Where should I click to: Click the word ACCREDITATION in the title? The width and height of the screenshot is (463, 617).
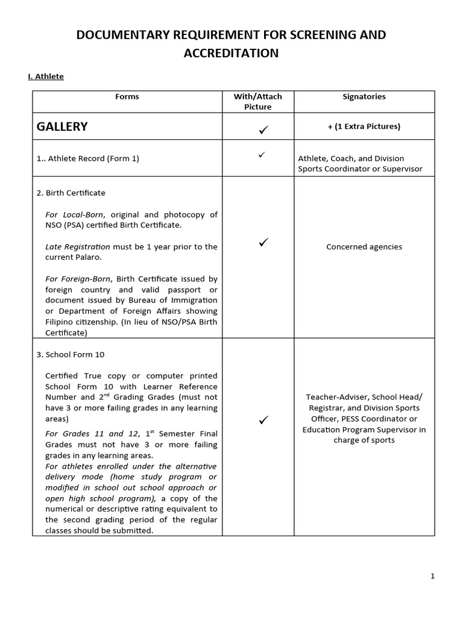[x=231, y=54]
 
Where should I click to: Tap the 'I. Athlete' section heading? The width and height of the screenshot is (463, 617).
[x=46, y=77]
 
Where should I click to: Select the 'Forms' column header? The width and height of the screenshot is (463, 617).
[x=127, y=96]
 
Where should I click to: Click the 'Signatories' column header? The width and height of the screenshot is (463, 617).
[x=364, y=96]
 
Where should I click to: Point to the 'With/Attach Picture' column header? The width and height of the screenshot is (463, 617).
[x=258, y=101]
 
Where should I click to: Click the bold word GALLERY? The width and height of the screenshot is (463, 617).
[x=62, y=127]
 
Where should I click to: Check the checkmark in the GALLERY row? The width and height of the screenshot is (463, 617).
[x=262, y=128]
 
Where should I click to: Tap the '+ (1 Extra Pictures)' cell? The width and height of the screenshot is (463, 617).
[x=364, y=127]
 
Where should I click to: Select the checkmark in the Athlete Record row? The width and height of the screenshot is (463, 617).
[x=262, y=155]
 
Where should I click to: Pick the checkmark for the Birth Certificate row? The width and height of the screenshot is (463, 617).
[x=262, y=242]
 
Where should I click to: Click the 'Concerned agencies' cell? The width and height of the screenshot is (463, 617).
[x=364, y=246]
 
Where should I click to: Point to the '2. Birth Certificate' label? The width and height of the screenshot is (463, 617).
[x=71, y=193]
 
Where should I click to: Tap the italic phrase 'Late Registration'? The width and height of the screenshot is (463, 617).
[x=78, y=246]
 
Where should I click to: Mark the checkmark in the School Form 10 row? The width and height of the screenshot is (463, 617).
[x=262, y=419]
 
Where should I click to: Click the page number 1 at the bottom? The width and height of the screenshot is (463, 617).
[x=432, y=576]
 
